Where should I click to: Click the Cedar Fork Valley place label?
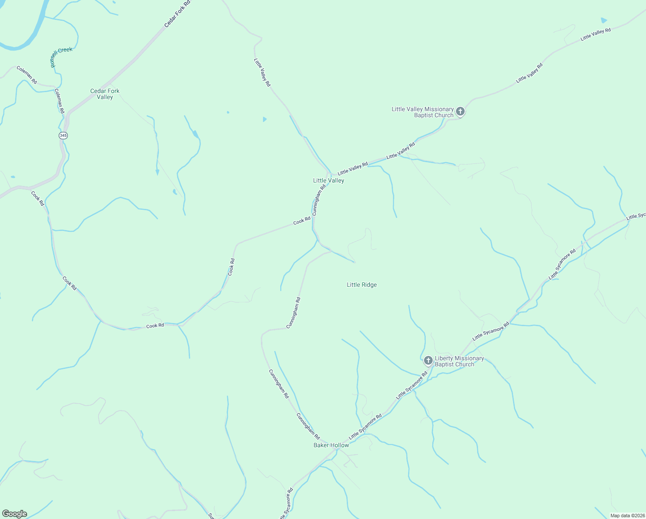click(104, 94)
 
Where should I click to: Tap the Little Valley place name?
click(329, 180)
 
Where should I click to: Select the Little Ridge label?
click(362, 285)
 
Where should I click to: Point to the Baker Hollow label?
click(331, 445)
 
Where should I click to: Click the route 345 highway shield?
click(63, 135)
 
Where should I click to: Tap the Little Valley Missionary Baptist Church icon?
click(460, 112)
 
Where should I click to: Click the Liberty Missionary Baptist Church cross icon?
click(428, 360)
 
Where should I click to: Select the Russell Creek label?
click(61, 56)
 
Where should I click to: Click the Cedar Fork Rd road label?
click(177, 14)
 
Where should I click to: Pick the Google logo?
click(15, 514)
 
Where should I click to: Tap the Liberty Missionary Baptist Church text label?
click(459, 361)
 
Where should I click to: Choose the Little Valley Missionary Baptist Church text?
click(423, 112)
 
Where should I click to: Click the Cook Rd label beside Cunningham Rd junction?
click(302, 221)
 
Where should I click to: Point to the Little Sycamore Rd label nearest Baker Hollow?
click(365, 427)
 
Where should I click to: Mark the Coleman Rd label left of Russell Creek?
click(27, 75)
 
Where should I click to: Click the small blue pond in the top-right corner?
click(604, 20)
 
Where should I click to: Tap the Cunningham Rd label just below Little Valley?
click(319, 200)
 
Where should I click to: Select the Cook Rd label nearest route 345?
click(38, 198)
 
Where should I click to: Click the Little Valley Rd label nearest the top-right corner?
click(595, 34)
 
